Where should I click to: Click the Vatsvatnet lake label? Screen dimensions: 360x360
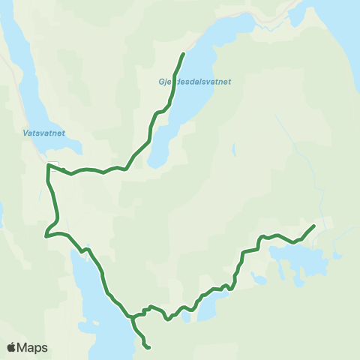tap(39, 133)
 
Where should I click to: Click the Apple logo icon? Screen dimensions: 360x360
tap(12, 347)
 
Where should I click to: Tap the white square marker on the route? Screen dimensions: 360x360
tap(52, 166)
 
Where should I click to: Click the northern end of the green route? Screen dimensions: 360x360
tap(184, 54)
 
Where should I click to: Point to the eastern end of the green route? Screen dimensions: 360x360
tap(313, 226)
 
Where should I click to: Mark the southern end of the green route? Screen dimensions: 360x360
tap(149, 347)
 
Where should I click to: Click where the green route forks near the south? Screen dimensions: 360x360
tap(133, 316)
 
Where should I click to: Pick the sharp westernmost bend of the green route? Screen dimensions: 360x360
tap(46, 235)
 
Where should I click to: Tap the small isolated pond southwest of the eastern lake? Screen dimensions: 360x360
tap(259, 280)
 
